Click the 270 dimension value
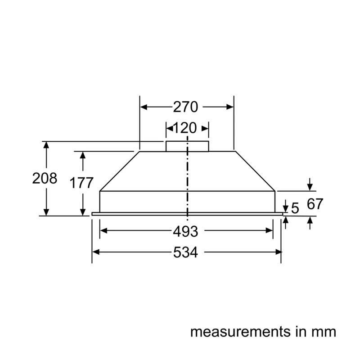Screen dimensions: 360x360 click(x=185, y=107)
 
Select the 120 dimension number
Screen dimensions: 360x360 click(x=185, y=128)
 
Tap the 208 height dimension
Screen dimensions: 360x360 click(x=45, y=178)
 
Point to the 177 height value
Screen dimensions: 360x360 click(x=81, y=183)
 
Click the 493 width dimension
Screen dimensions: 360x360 click(x=185, y=231)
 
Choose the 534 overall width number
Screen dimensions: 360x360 click(x=185, y=252)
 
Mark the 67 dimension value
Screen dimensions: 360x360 click(x=315, y=204)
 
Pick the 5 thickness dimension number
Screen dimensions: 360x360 click(x=295, y=208)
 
